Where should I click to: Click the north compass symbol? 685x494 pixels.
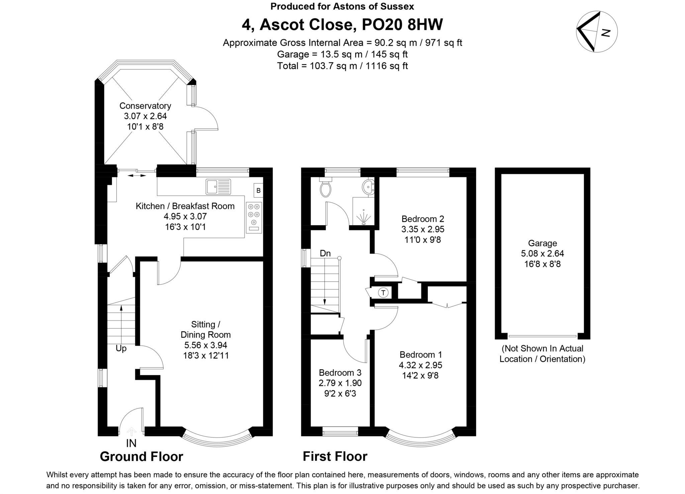597,32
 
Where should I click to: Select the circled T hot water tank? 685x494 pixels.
383,293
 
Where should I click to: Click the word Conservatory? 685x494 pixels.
145,106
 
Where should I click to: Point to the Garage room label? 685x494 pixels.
543,243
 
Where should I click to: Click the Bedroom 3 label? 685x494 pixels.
340,372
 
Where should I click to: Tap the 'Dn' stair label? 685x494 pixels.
325,254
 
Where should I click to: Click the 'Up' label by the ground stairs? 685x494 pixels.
121,349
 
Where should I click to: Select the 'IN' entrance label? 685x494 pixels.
131,443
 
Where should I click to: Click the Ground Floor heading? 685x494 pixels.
141,457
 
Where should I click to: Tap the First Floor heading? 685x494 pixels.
335,457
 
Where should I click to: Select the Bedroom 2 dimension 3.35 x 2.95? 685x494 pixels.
423,229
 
